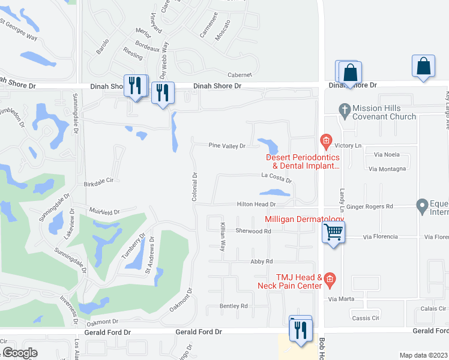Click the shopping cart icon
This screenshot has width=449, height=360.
click(333, 231)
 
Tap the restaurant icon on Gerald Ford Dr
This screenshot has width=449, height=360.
click(300, 329)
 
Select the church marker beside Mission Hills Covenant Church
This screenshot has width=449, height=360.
click(344, 110)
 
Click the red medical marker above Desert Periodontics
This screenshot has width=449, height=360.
click(326, 142)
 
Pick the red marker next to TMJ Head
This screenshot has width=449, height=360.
click(330, 278)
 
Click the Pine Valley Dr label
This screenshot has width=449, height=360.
click(227, 146)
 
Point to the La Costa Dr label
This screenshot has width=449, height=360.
click(276, 179)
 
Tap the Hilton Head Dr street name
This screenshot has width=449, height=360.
click(256, 204)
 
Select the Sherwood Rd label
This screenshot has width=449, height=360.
click(253, 230)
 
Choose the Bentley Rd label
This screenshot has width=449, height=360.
click(234, 306)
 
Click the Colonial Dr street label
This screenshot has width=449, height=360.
click(194, 187)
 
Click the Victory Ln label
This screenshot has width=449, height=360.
click(348, 146)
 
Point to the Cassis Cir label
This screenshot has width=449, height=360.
click(366, 318)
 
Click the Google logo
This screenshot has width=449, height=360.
click(20, 353)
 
